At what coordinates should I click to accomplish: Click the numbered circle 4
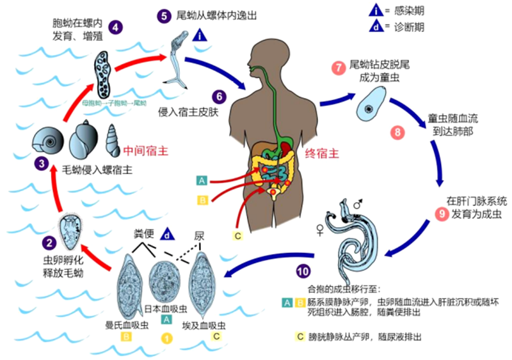click(116, 27)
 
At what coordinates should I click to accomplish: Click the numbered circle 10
click(302, 270)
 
